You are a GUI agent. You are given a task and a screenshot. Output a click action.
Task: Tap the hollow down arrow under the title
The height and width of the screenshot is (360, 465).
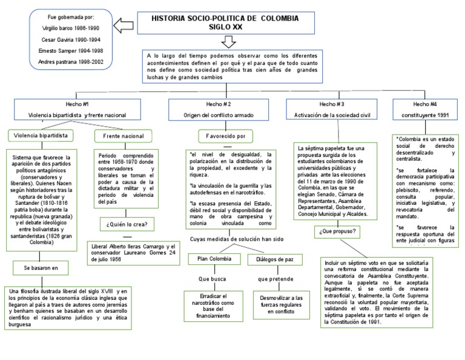point(229,42)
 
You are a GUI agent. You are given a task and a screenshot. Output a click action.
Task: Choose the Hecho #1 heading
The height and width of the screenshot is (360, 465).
point(77,104)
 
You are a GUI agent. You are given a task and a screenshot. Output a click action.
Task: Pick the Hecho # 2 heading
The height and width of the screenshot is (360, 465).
point(218,104)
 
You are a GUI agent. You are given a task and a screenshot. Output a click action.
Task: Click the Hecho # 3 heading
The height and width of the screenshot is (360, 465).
point(332,104)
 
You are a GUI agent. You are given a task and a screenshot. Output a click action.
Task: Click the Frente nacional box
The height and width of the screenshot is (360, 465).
point(123,136)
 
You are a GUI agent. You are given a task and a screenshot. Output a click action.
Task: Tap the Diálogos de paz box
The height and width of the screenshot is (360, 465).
point(271,259)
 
